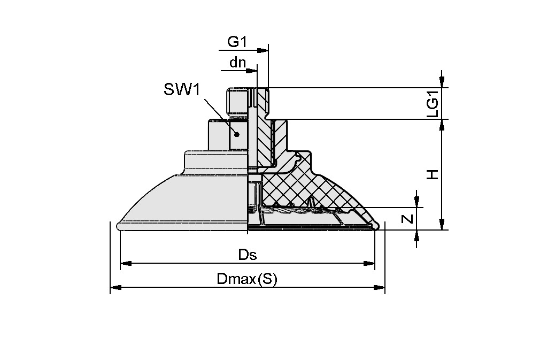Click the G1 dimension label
click(x=237, y=41)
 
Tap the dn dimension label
click(x=237, y=62)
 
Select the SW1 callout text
click(x=182, y=89)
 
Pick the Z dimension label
click(x=408, y=219)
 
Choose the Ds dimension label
click(x=248, y=255)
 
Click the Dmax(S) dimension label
click(x=247, y=279)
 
